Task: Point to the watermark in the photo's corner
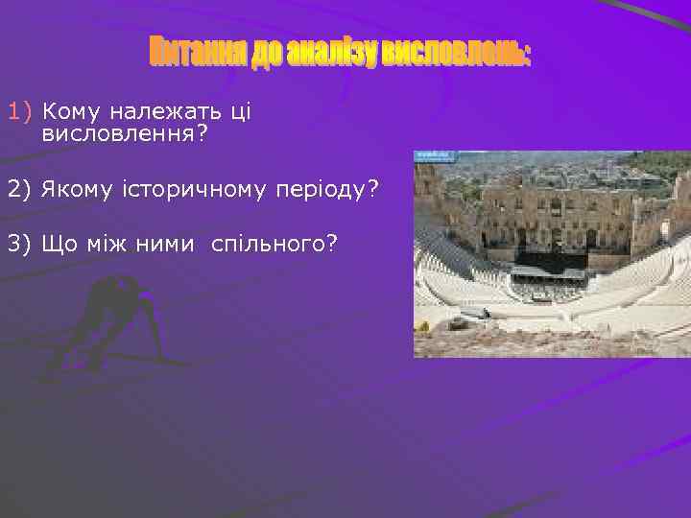(x=434, y=155)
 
